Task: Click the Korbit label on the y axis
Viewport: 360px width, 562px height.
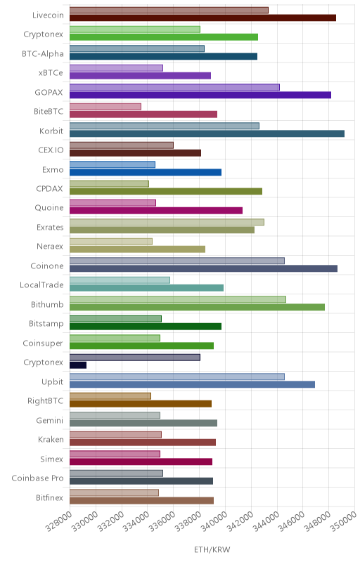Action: [x=51, y=131]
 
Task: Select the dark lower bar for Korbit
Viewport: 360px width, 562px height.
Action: [x=207, y=133]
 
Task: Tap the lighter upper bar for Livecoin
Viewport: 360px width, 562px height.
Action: [x=169, y=11]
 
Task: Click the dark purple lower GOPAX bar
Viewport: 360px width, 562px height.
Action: [x=200, y=95]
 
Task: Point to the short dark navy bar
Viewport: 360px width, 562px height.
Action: [x=78, y=365]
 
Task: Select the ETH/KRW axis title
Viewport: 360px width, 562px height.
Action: [x=212, y=549]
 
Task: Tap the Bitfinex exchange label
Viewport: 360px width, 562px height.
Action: [x=49, y=497]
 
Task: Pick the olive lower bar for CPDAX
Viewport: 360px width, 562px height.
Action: [x=166, y=191]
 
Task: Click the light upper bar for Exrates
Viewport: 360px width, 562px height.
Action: [x=167, y=222]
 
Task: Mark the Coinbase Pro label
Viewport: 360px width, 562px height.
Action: [x=37, y=478]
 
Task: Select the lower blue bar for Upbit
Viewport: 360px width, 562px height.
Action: [x=192, y=384]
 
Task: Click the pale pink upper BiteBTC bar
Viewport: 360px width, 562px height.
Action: [x=105, y=107]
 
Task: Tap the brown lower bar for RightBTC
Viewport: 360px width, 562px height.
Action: [x=141, y=404]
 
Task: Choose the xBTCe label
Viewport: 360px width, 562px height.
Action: [x=51, y=73]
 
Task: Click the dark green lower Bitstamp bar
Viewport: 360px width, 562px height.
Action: [x=146, y=327]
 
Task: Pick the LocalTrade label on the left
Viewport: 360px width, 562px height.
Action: [x=41, y=285]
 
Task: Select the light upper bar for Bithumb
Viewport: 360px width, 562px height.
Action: [x=178, y=299]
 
